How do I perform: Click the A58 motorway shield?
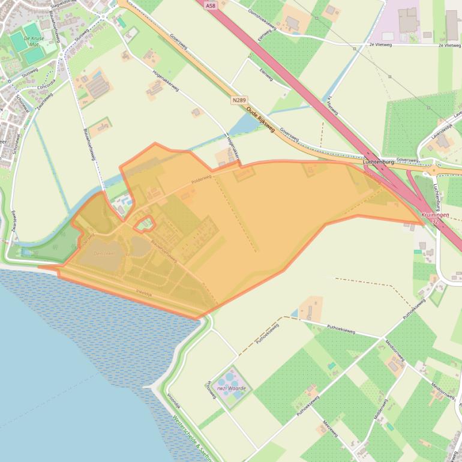(x=209, y=5)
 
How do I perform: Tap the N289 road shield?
(x=238, y=101)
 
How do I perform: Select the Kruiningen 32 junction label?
(x=435, y=218)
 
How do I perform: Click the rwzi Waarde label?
(x=231, y=388)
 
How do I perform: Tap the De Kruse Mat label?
(x=34, y=41)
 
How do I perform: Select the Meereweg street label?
(x=331, y=428)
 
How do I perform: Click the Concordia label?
(x=46, y=84)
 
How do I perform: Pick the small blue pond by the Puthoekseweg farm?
(x=294, y=314)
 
